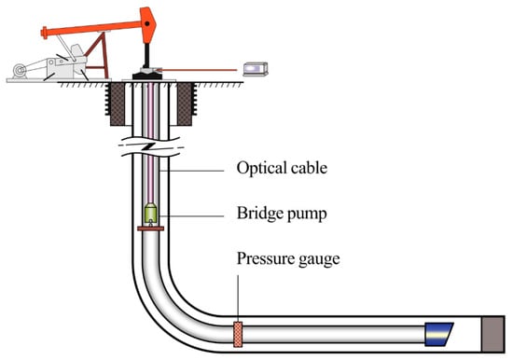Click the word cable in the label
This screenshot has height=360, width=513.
(309, 168)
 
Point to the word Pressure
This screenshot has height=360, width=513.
(261, 258)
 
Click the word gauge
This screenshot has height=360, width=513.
(314, 260)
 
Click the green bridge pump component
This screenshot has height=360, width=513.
(150, 212)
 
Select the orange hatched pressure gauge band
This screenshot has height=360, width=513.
(238, 334)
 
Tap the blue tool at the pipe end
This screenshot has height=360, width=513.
(438, 334)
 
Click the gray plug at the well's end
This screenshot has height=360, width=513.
(493, 334)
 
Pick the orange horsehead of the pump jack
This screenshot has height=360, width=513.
(148, 25)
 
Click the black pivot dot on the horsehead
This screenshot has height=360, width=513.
(147, 23)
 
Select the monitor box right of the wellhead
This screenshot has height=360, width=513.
(256, 69)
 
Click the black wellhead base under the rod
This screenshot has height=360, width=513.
(146, 76)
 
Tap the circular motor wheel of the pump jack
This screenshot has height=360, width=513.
(20, 70)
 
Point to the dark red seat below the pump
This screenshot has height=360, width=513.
(150, 228)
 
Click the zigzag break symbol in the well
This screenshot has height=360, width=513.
(150, 146)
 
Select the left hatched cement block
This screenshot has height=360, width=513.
(118, 104)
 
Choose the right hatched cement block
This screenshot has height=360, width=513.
(184, 104)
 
